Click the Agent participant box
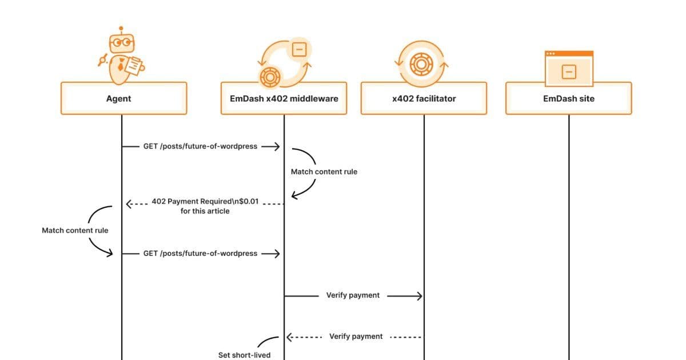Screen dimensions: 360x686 [x=123, y=98]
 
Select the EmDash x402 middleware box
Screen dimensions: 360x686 [x=284, y=98]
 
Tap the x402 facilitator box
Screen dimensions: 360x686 [x=424, y=98]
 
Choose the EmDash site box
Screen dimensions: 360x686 [x=568, y=98]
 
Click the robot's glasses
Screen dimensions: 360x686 [x=121, y=42]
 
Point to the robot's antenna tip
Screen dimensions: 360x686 [x=121, y=27]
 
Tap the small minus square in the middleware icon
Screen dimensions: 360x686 [x=298, y=50]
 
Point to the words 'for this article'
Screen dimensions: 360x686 [x=205, y=211]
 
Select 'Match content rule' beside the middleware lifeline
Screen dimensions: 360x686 [x=324, y=171]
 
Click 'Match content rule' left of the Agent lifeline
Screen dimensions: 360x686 [x=75, y=230]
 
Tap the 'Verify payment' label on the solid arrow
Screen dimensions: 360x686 [x=353, y=295]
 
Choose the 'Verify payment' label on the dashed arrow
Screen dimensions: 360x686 [x=356, y=337]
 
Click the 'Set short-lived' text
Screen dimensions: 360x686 [x=244, y=355]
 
